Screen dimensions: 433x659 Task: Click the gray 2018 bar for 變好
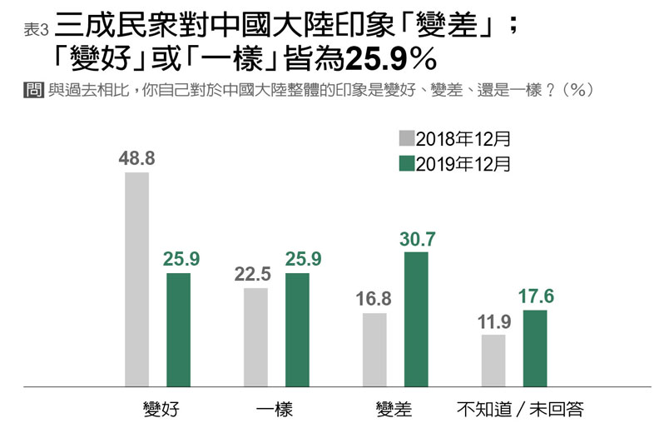tap(136, 280)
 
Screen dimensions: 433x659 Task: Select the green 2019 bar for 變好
tap(179, 330)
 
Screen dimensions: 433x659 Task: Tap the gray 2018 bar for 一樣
tap(255, 337)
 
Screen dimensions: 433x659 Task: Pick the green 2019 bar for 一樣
tap(297, 330)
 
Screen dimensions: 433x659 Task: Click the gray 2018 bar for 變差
tap(374, 350)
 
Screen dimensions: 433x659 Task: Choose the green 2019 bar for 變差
tap(416, 320)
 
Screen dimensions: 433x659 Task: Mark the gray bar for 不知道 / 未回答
tap(493, 361)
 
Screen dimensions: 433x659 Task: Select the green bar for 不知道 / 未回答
tap(535, 348)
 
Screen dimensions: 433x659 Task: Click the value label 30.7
tap(418, 238)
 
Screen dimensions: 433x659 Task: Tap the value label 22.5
tap(255, 274)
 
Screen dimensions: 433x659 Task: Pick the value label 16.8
tap(374, 299)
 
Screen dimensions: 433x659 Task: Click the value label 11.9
tap(493, 321)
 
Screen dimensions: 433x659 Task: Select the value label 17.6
tap(537, 296)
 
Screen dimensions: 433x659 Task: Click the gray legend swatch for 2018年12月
tap(407, 138)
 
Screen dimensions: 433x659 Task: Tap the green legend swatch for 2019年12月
tap(407, 163)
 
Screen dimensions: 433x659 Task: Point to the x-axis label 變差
tap(394, 410)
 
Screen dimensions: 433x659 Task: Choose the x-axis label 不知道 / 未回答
tap(521, 410)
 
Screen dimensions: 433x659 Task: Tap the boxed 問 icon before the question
tap(34, 91)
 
